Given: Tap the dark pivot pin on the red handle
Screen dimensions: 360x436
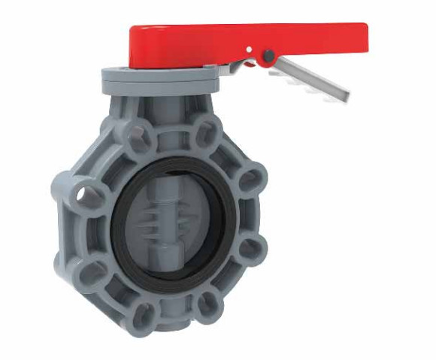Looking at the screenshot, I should coord(267,55).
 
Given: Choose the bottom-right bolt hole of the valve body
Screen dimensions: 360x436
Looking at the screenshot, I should coord(209,304).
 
